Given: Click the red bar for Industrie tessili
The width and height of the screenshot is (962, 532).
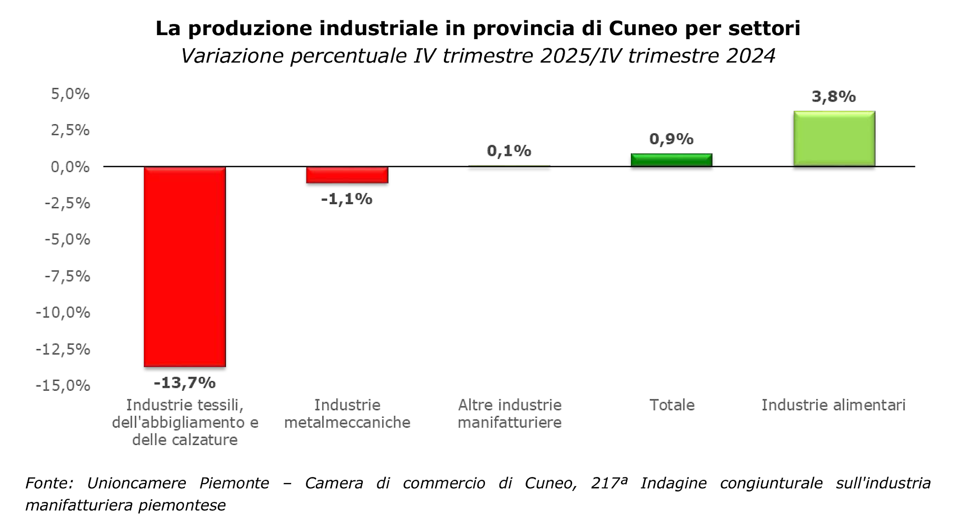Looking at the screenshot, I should point(185,266).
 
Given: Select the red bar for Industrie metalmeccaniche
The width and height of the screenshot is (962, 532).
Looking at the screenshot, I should point(347,175).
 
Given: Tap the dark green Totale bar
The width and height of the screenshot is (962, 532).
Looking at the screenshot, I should point(671,160).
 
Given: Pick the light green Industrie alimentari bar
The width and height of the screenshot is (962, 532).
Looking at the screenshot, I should point(834,139).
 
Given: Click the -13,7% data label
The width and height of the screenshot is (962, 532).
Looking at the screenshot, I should point(184,383).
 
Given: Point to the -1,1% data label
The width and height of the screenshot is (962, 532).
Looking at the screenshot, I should point(347,199).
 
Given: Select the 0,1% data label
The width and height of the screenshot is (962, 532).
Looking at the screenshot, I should point(509,151).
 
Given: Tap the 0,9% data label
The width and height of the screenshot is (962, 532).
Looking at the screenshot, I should point(671,139).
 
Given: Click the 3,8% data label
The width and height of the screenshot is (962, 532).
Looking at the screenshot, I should point(834,97).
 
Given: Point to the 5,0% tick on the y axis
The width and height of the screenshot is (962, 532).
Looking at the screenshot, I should point(70,94).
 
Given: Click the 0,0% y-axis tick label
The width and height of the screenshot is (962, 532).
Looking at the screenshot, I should point(70,167).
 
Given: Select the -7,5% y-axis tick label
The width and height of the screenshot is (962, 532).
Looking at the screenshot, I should point(68,276).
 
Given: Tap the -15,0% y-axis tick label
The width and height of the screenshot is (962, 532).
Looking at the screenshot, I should point(63,385).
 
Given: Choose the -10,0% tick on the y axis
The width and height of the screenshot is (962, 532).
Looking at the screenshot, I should point(63,312).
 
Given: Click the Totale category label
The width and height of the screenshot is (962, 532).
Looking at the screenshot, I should point(672,405).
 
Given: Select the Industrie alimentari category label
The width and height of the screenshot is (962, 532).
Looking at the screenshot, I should point(834,405).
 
